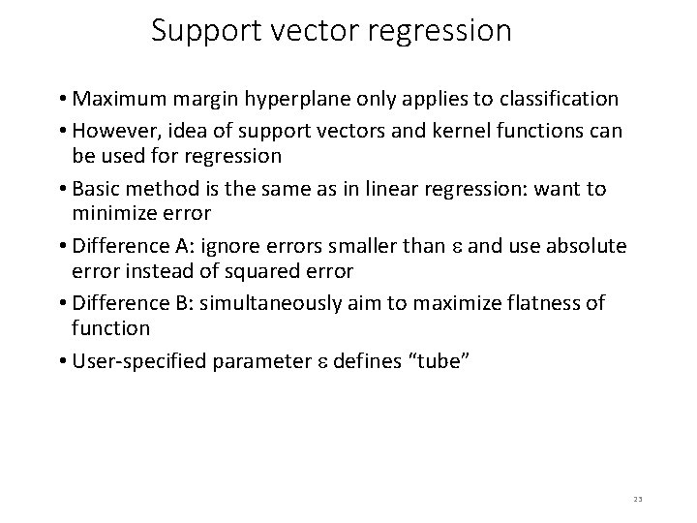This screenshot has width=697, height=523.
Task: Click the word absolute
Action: pyautogui.click(x=588, y=245)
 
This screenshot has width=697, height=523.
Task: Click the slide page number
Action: pyautogui.click(x=638, y=499)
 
